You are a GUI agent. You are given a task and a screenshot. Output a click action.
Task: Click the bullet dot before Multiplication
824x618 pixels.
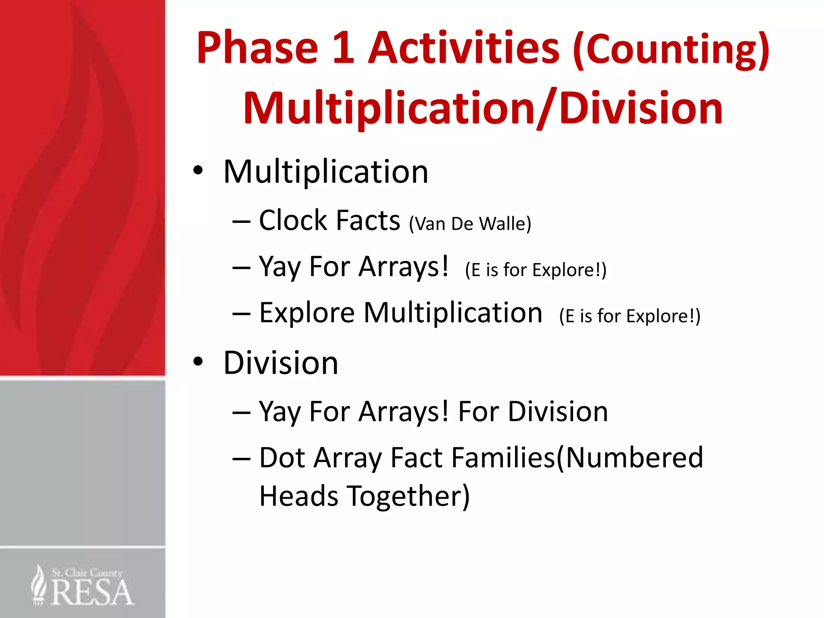coord(198,171)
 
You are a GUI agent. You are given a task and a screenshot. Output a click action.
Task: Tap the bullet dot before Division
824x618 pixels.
coord(198,361)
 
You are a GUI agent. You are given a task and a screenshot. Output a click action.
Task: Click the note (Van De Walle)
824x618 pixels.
coord(470,224)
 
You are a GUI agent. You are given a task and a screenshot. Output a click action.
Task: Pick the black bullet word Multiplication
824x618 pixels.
coord(326,172)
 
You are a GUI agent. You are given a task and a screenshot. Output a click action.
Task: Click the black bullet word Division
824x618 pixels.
coord(280,363)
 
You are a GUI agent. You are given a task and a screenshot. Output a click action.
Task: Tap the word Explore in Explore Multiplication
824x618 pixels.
coord(307,313)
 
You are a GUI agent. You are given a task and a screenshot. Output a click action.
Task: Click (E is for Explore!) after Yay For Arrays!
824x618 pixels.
coord(536,270)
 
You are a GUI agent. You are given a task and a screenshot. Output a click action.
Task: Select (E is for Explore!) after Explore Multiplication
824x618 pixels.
coord(630,316)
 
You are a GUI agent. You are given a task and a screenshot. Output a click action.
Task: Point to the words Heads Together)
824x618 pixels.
coord(364,496)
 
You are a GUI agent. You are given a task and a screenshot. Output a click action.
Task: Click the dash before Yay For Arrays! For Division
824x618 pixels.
coord(241,412)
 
